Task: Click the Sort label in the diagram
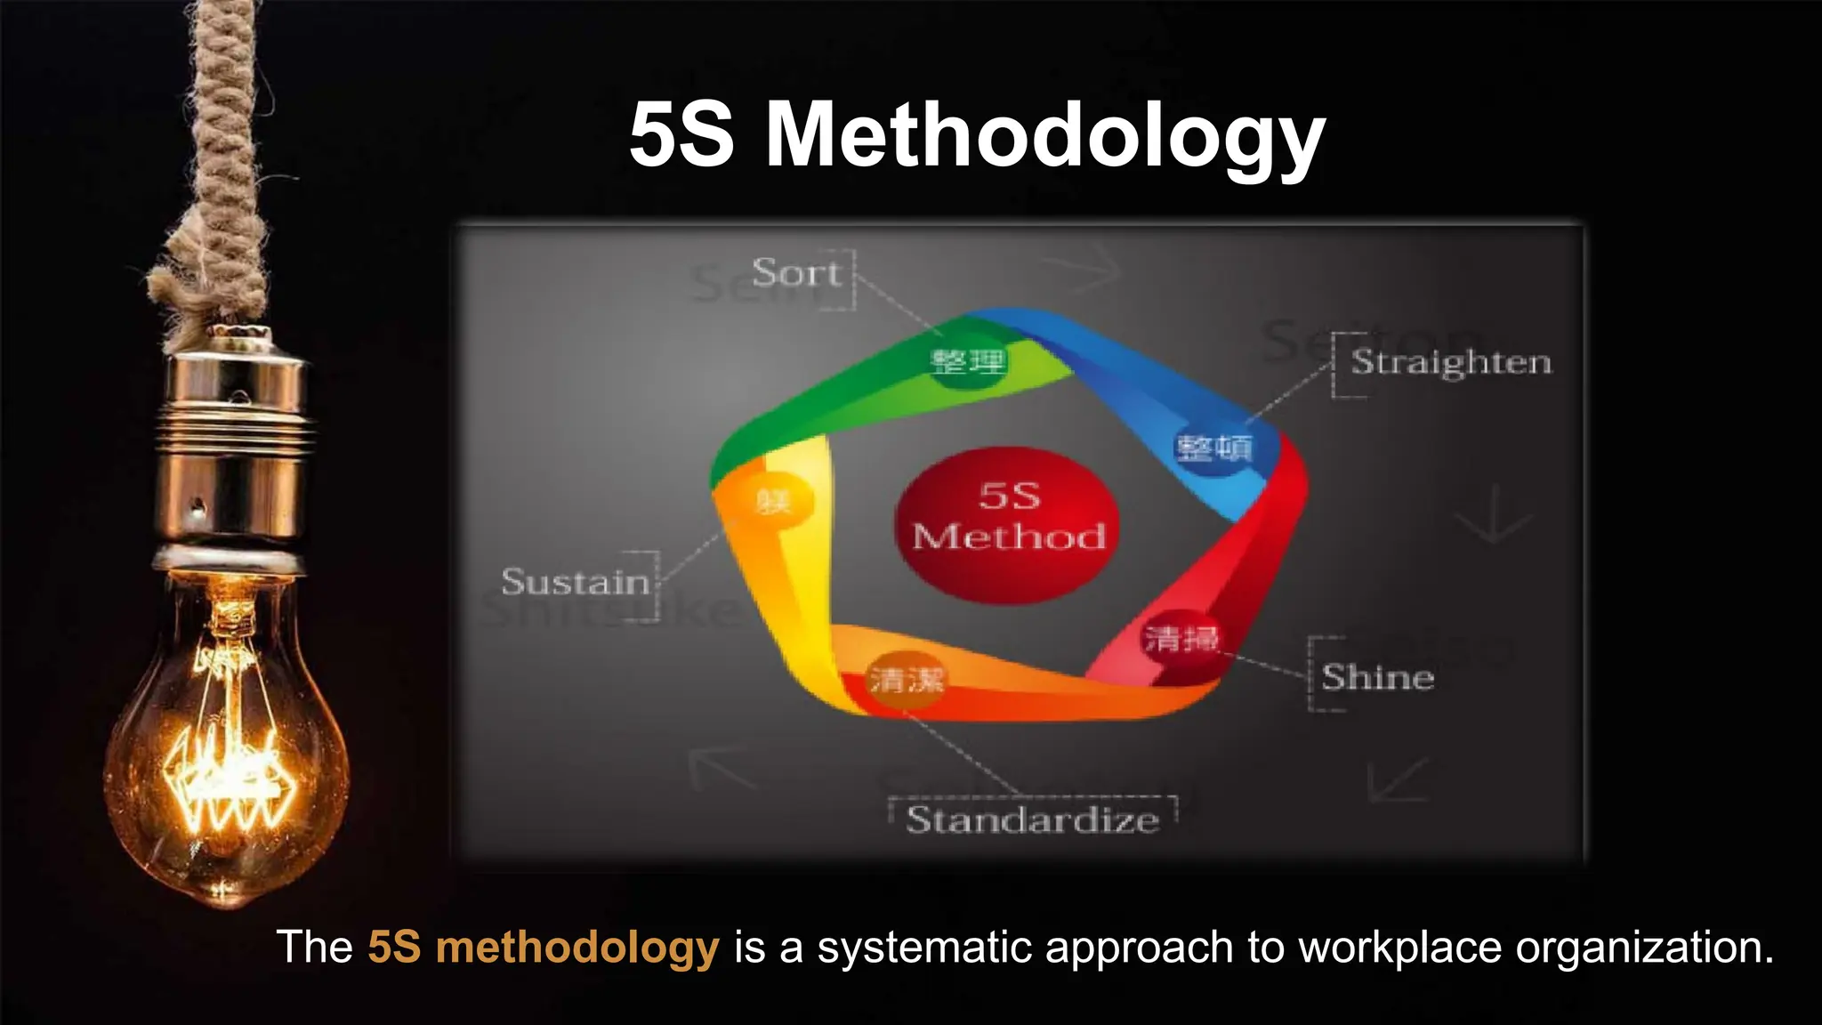click(x=795, y=273)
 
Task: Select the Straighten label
click(x=1451, y=363)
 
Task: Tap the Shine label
click(x=1377, y=678)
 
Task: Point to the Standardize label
click(x=1032, y=819)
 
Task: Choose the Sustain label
click(x=576, y=583)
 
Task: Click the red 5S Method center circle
click(x=1008, y=525)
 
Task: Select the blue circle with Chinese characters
click(x=1214, y=448)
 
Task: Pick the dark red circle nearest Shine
click(x=1181, y=639)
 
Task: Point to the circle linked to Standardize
click(x=906, y=682)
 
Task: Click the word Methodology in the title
click(x=1045, y=135)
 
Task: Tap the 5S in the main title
click(x=681, y=135)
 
